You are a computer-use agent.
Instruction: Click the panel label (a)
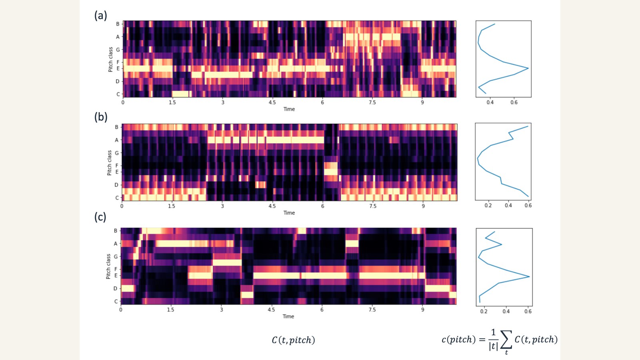100,16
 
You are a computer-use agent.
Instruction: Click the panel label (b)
100,117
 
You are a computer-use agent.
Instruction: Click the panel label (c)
100,217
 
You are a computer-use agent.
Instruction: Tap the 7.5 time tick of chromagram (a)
372,102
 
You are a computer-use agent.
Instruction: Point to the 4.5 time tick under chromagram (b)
272,206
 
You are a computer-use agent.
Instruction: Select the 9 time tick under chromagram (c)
422,310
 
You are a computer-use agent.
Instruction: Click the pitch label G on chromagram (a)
118,50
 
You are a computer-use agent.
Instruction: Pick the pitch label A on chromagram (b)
117,140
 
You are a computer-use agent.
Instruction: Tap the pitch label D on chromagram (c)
116,288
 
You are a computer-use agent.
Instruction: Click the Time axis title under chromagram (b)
289,213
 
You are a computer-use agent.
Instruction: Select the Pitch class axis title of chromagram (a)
110,59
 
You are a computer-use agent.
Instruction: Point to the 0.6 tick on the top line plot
514,102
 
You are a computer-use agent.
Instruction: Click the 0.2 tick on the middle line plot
488,206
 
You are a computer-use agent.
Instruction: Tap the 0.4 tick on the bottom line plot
506,311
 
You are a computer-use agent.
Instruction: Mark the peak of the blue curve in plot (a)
528,68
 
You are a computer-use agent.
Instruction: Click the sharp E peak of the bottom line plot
529,276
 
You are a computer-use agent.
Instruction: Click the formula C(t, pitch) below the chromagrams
293,340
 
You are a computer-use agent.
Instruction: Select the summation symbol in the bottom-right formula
506,340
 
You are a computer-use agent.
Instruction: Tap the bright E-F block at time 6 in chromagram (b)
330,169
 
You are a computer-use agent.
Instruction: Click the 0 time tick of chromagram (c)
121,310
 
